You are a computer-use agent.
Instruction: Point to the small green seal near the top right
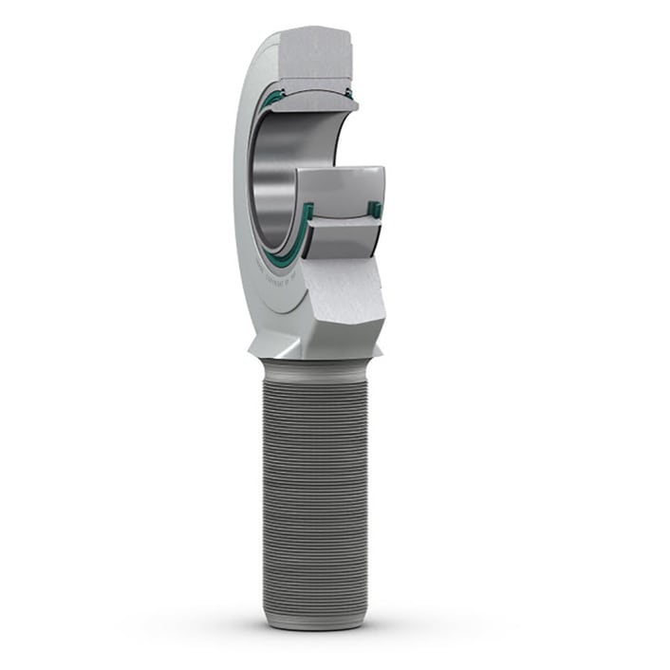click(348, 93)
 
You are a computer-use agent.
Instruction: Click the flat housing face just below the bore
click(285, 308)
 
